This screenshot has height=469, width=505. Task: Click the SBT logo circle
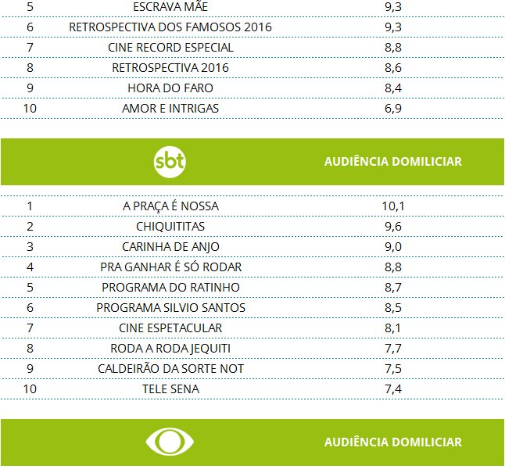click(170, 162)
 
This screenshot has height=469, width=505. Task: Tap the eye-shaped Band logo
click(170, 442)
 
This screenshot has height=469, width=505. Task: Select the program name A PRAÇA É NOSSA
click(170, 206)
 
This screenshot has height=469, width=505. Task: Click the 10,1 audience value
click(392, 206)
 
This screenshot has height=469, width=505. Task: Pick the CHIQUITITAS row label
click(170, 227)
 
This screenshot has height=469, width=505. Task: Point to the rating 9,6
click(392, 227)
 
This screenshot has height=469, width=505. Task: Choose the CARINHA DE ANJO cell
click(170, 247)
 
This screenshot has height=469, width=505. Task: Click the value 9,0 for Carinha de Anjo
click(392, 247)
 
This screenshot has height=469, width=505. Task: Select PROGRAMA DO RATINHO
click(170, 288)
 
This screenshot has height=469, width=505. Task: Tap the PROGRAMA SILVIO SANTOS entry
click(170, 308)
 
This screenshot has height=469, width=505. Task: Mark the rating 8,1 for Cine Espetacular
click(392, 328)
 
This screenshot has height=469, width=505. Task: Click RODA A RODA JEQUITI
click(170, 349)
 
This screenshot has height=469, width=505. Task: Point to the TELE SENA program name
click(170, 389)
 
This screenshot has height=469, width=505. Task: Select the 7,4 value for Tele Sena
click(392, 389)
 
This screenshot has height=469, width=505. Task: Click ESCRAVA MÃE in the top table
click(170, 7)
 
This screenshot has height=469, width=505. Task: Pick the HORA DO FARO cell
click(170, 88)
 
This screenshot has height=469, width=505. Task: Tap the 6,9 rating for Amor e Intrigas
click(392, 109)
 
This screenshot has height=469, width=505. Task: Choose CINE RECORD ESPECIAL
click(170, 48)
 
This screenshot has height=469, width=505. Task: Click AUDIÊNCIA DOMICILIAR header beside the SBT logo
click(392, 162)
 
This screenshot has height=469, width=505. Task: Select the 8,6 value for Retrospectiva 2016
click(392, 68)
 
